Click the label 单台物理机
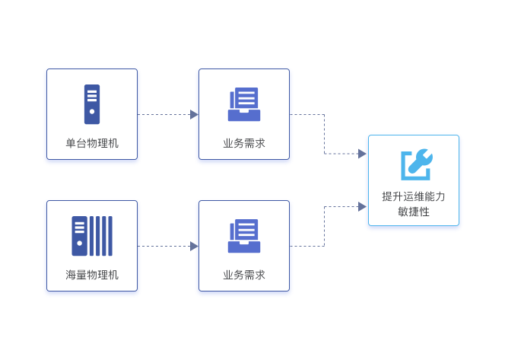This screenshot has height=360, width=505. [92, 143]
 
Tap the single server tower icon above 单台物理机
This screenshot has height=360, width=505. [92, 104]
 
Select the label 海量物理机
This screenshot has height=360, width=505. [92, 275]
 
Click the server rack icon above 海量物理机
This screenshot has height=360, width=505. [92, 236]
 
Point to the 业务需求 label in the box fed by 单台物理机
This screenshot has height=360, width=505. [244, 143]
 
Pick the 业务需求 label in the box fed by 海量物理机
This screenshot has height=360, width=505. [244, 275]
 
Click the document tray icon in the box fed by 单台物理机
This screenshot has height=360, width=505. [244, 105]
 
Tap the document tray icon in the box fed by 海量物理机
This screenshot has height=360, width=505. [244, 236]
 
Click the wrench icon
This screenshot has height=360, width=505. [416, 164]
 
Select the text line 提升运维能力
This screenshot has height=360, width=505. [414, 196]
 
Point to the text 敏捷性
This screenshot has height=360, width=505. [414, 212]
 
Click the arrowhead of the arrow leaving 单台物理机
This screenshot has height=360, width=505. [194, 115]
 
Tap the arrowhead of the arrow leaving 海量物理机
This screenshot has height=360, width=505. [194, 247]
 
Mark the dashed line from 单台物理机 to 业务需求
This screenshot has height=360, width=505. [164, 115]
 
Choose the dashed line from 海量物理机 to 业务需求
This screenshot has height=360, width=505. [164, 247]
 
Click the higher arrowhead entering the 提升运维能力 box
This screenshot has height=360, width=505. [362, 154]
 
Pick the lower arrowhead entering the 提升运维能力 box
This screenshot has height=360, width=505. [362, 206]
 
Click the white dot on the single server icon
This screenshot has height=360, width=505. [92, 111]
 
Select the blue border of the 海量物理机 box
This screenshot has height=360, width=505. [45, 247]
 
